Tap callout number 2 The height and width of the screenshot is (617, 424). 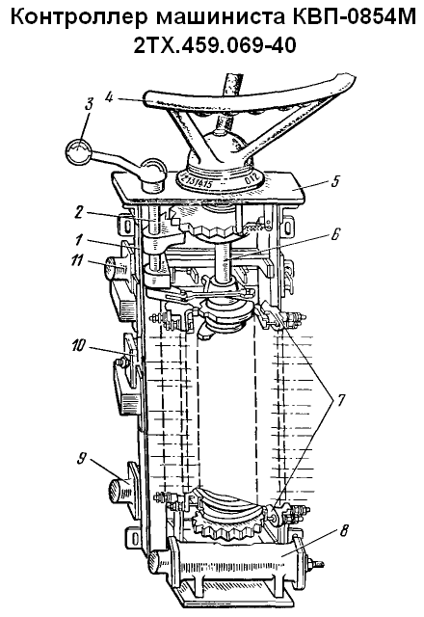tap(79, 212)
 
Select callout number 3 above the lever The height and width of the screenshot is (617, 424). tap(89, 104)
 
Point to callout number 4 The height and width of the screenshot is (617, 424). tap(109, 96)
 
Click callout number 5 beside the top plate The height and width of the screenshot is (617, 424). tap(334, 182)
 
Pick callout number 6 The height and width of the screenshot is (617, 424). tap(334, 233)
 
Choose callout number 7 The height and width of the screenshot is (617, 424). tap(338, 401)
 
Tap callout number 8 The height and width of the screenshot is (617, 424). tap(343, 531)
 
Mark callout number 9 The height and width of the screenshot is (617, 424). tap(82, 459)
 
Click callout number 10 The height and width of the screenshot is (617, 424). tap(79, 345)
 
